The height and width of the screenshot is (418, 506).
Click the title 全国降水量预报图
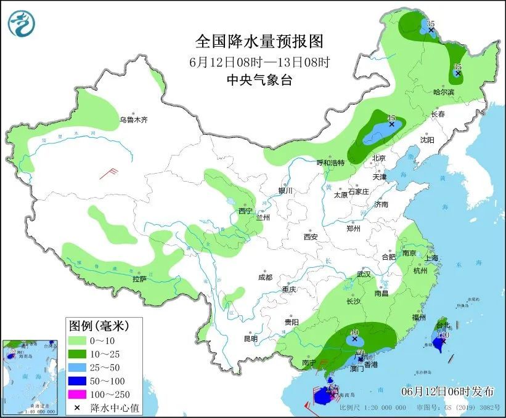(259, 41)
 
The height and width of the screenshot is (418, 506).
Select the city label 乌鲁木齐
(134, 119)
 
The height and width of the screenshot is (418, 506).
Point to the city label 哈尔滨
(443, 92)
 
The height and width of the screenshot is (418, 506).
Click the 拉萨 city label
(139, 279)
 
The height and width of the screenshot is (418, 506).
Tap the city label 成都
(266, 277)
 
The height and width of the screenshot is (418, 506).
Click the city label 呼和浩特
(331, 163)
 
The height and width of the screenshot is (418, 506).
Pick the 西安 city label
(310, 236)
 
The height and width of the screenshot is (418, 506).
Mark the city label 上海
(431, 258)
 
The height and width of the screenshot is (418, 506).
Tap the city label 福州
(420, 317)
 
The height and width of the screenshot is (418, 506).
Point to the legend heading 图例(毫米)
(96, 324)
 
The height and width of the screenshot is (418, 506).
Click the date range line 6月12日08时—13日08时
(259, 62)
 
